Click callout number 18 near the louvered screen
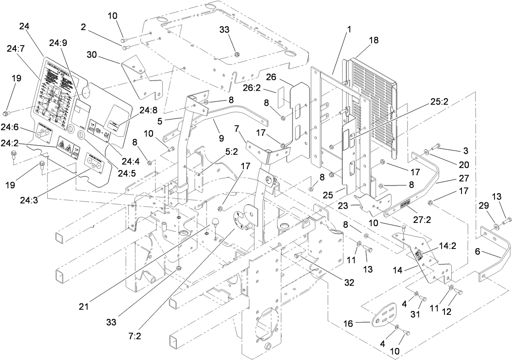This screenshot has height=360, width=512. pyautogui.click(x=374, y=40)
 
